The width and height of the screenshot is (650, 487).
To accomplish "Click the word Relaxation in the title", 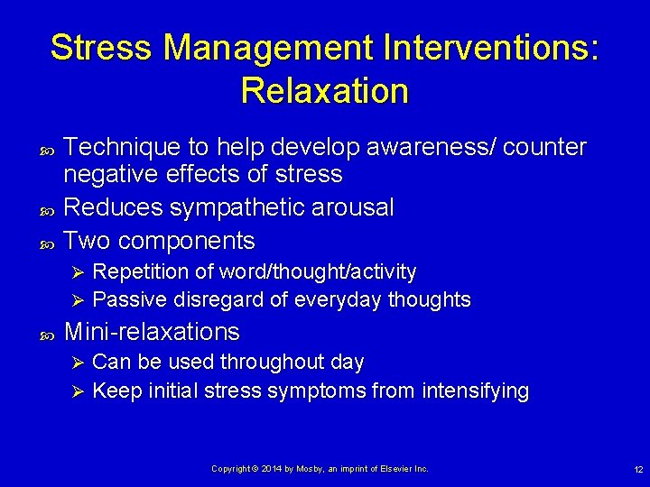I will [324, 90].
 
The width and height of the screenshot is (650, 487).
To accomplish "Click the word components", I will [187, 241].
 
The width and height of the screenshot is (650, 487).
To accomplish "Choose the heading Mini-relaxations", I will [153, 332].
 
